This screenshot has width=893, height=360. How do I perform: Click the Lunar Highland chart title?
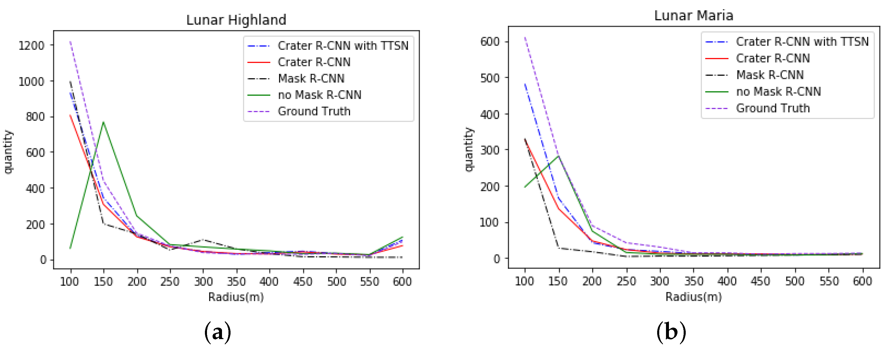point(236,20)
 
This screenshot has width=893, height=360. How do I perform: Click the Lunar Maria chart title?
point(694,16)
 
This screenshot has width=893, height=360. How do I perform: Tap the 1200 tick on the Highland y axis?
point(32,46)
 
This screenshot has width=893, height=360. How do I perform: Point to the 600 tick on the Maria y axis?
point(490,42)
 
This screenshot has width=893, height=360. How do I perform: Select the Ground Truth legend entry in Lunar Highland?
point(314,111)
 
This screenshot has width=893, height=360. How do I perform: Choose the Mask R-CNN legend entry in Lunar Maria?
point(770,75)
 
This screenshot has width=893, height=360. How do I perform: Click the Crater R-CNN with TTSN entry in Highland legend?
point(343,46)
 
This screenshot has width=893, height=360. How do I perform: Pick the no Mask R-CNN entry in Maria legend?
point(778,92)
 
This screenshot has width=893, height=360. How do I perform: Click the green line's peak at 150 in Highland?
point(103,122)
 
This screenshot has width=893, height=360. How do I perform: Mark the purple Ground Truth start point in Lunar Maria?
point(525,37)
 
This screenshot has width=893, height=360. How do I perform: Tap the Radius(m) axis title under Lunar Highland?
point(236,297)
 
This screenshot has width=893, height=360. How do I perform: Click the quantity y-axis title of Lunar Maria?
point(469,149)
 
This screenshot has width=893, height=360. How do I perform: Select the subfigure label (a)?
point(217,332)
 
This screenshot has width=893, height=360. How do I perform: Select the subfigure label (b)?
point(671,332)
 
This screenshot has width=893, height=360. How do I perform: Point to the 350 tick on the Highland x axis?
point(236,281)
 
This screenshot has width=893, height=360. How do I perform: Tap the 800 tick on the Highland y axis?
point(35,117)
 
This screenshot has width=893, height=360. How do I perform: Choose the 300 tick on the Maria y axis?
point(490,150)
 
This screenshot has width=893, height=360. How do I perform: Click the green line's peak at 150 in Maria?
point(559,156)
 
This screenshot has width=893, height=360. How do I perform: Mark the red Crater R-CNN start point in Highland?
point(70,115)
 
